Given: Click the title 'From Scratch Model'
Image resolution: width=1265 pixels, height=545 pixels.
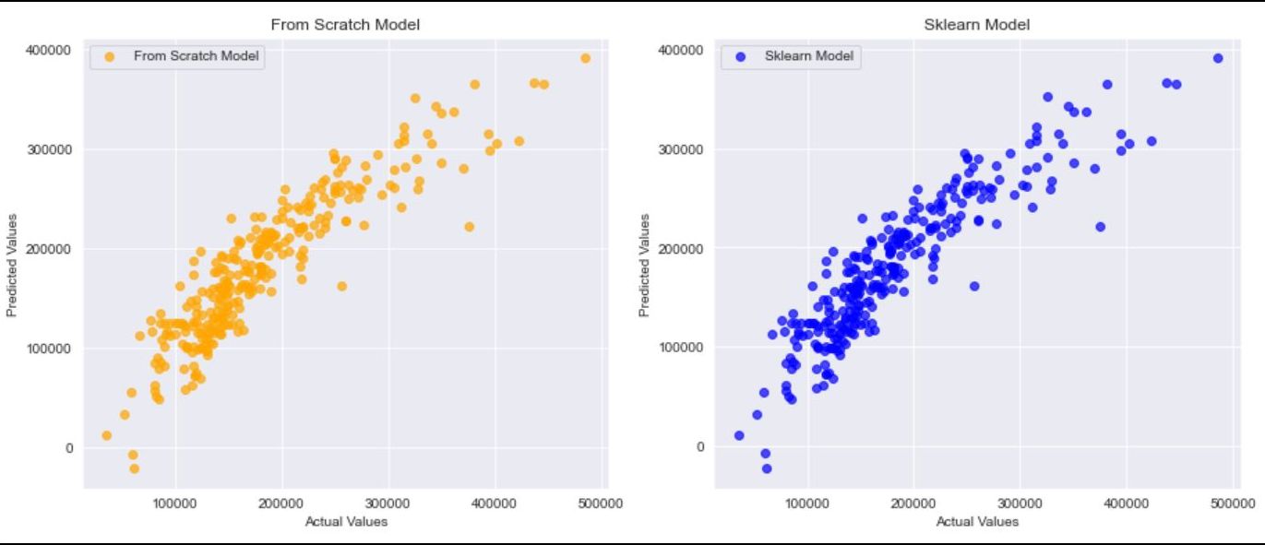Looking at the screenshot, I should (x=344, y=25).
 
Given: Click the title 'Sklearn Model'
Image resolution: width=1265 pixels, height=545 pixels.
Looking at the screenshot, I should (x=976, y=25).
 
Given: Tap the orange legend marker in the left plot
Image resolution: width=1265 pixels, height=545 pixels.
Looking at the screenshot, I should (x=110, y=57).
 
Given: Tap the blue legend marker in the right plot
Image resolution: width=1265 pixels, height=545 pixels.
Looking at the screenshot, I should (x=741, y=57).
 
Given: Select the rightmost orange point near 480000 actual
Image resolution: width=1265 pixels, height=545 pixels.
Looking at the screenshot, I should (x=585, y=58).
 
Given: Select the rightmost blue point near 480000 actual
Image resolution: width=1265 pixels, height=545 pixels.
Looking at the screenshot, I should (x=1218, y=58).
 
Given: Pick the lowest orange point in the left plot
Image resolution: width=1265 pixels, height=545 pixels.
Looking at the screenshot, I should (x=134, y=468).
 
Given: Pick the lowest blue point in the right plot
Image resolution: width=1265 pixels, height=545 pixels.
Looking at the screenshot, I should (x=766, y=468).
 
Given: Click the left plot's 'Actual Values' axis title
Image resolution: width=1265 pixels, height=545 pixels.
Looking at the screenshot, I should (x=346, y=522).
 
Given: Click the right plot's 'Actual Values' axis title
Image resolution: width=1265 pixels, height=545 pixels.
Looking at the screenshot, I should (x=977, y=522).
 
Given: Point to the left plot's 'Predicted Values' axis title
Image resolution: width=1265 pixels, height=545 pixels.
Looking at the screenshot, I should (x=12, y=266).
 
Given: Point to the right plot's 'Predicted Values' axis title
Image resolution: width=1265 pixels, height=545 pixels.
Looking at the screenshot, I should (x=644, y=266).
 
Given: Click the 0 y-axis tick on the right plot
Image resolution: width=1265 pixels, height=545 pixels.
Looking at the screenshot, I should (x=700, y=447).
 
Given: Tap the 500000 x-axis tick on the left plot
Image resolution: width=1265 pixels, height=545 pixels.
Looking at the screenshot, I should (x=600, y=504).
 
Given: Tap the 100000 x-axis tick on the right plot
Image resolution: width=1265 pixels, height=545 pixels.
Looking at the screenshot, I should (x=808, y=504).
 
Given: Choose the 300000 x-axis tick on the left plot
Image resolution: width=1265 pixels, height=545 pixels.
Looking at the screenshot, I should (x=388, y=504).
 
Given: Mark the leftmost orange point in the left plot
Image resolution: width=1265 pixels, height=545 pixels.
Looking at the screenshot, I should (x=106, y=435).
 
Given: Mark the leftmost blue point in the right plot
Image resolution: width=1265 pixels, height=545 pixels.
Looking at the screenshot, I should (x=739, y=435).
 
